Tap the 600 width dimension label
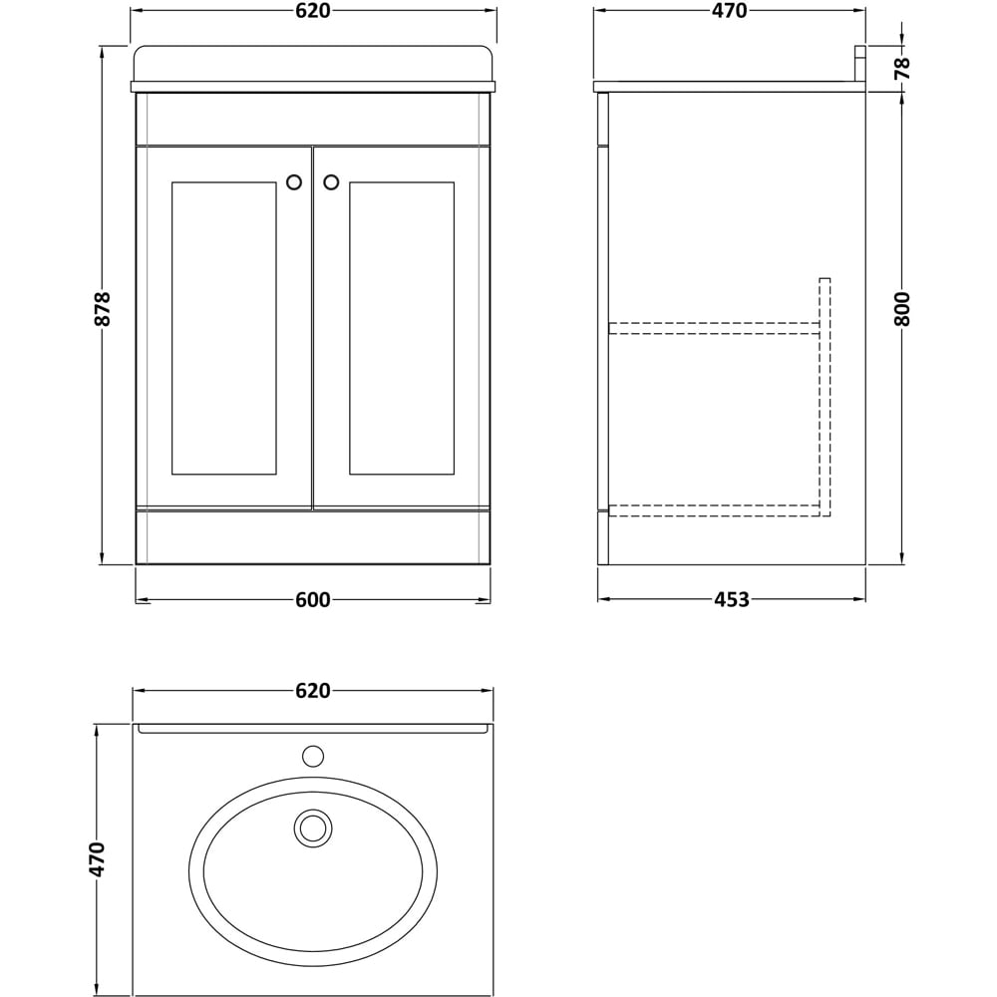click(312, 600)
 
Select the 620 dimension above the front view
click(312, 11)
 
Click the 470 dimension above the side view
click(729, 11)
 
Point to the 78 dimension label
click(902, 68)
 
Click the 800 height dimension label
click(902, 310)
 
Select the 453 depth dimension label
click(731, 600)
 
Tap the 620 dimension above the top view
click(312, 691)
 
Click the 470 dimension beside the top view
click(97, 859)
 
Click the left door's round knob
click(294, 182)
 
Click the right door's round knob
click(331, 182)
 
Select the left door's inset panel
click(223, 328)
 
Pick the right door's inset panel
click(401, 328)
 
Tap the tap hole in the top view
click(313, 756)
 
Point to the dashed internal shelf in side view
click(713, 327)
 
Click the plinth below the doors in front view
click(312, 537)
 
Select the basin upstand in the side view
click(858, 64)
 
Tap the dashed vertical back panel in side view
click(825, 399)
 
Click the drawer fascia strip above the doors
click(312, 119)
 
